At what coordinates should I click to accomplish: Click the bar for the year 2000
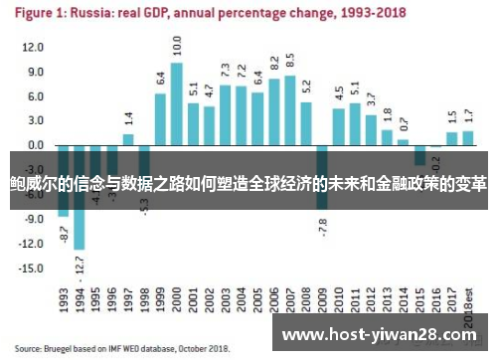177,104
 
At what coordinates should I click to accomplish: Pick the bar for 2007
290,110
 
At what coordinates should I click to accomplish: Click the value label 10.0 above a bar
177,46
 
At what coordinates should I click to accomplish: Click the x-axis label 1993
64,299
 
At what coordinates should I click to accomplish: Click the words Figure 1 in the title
47,14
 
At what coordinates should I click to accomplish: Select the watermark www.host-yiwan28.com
386,335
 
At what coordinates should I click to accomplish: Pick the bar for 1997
128,139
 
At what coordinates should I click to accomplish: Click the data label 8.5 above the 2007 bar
290,60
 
